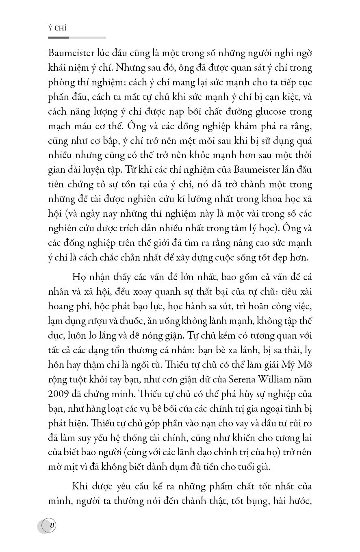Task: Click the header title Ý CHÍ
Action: (x=57, y=28)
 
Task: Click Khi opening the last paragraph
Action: (x=80, y=487)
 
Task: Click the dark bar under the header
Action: (x=58, y=38)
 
